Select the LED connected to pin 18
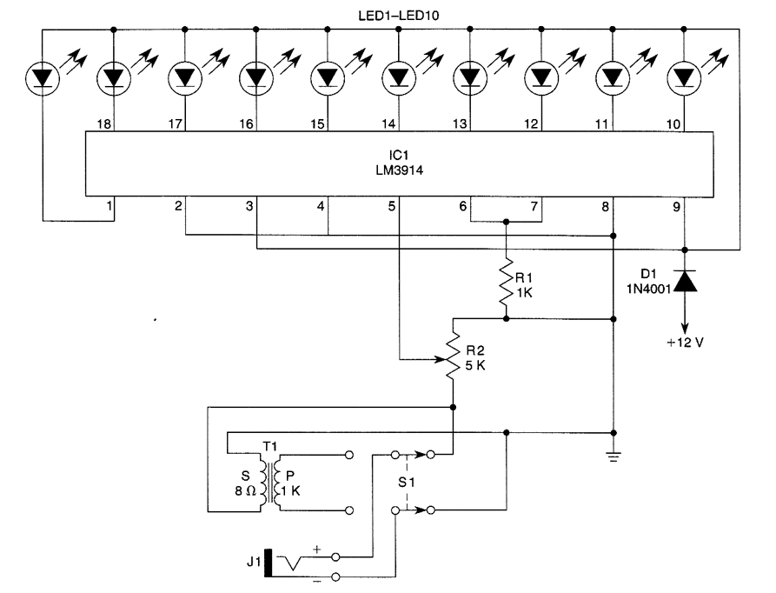click(x=114, y=78)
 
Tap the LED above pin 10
click(x=684, y=78)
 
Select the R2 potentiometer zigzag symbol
click(x=453, y=356)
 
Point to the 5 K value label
click(x=476, y=366)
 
